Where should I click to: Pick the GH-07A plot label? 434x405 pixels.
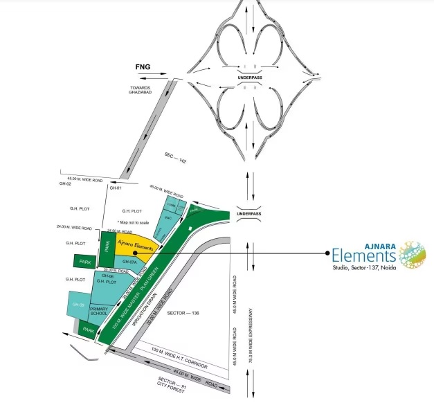130,262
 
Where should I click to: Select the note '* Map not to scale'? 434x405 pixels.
133,222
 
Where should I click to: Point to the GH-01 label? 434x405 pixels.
115,188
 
